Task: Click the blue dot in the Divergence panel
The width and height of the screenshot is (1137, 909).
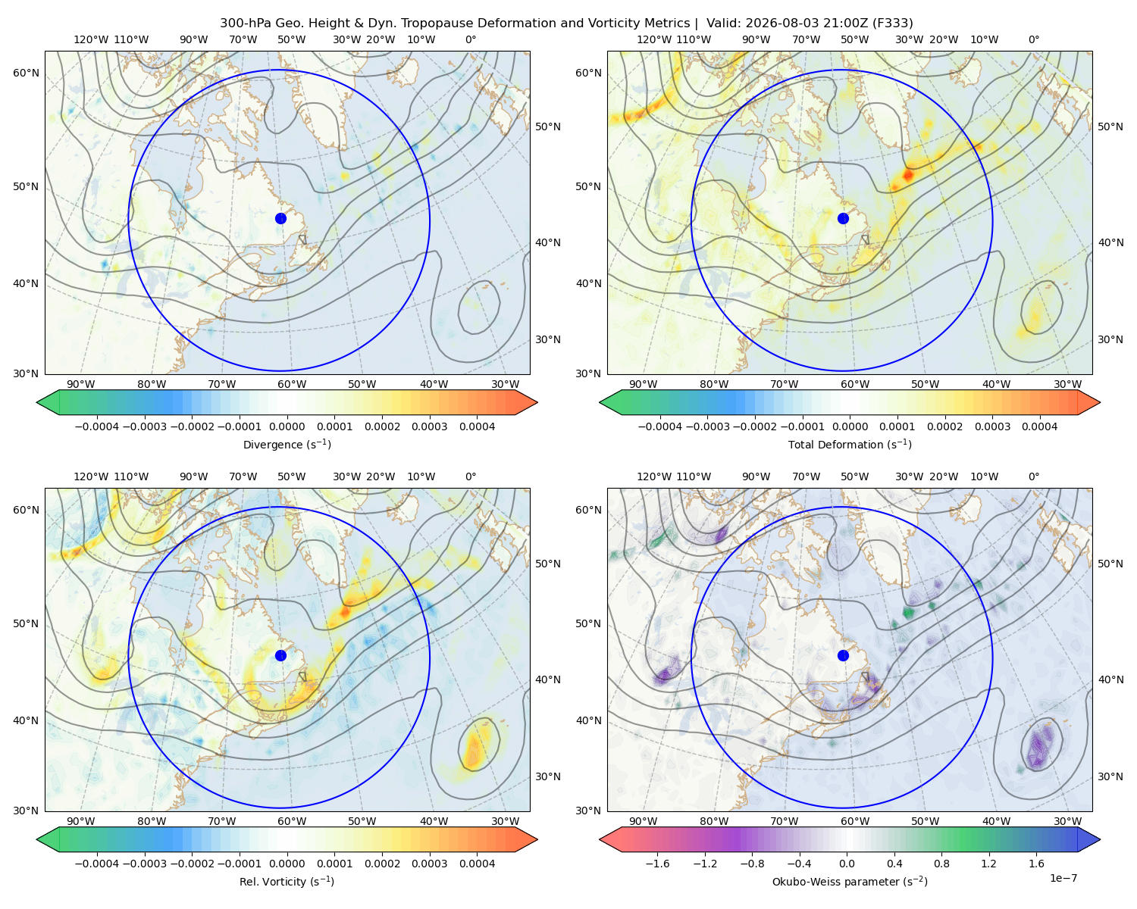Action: [280, 219]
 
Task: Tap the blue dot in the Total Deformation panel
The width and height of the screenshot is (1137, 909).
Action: [843, 219]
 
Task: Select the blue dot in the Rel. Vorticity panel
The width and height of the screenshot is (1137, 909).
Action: [280, 655]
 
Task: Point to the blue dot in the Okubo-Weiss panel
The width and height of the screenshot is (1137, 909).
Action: [843, 655]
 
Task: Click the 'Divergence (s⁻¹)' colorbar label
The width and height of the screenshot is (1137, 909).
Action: [287, 445]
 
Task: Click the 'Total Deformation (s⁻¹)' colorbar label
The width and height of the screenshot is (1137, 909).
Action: [850, 445]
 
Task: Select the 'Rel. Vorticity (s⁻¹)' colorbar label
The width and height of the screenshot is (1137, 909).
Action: [287, 882]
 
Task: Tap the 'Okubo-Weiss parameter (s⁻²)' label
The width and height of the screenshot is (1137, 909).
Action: [850, 882]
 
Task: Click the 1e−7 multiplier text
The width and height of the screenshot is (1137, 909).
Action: [1063, 879]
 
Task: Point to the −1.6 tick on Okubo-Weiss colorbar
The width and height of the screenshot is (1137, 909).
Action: [657, 864]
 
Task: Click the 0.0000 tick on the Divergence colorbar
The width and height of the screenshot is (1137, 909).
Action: [287, 426]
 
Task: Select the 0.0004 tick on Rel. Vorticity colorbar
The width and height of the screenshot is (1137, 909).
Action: [477, 864]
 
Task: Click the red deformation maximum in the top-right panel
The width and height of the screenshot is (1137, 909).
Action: [908, 174]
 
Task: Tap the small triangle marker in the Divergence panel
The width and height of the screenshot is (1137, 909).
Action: [302, 240]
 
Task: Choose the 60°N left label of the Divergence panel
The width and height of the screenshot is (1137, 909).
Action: [26, 73]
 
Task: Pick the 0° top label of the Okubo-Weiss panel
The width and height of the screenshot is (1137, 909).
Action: [1033, 476]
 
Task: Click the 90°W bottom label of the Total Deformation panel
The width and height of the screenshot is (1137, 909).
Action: [643, 384]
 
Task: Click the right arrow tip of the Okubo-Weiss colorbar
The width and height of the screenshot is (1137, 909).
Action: [1100, 839]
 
